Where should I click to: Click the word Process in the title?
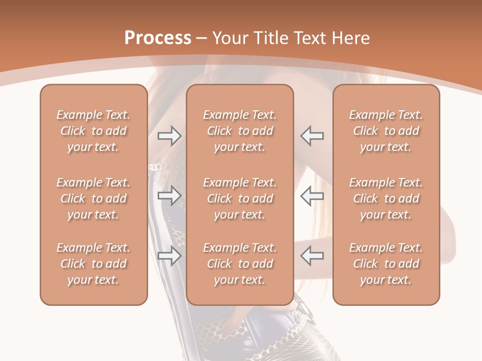tap(158, 38)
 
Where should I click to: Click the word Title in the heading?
tap(273, 38)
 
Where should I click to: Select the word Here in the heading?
tap(351, 38)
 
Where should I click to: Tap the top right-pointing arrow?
tap(170, 136)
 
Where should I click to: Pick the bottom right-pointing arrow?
tap(170, 256)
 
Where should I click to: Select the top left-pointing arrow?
tap(312, 136)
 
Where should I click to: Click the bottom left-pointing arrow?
tap(312, 256)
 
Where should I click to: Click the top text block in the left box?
tap(93, 131)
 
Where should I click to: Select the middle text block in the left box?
tap(93, 199)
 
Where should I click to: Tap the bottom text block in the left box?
tap(93, 264)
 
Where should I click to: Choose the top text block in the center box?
tap(239, 131)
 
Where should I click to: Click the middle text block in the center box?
tap(239, 199)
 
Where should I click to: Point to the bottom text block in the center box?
tap(239, 264)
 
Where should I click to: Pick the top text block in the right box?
tap(386, 131)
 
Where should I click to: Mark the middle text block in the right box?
tap(386, 199)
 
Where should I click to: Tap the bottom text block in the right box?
tap(386, 264)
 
